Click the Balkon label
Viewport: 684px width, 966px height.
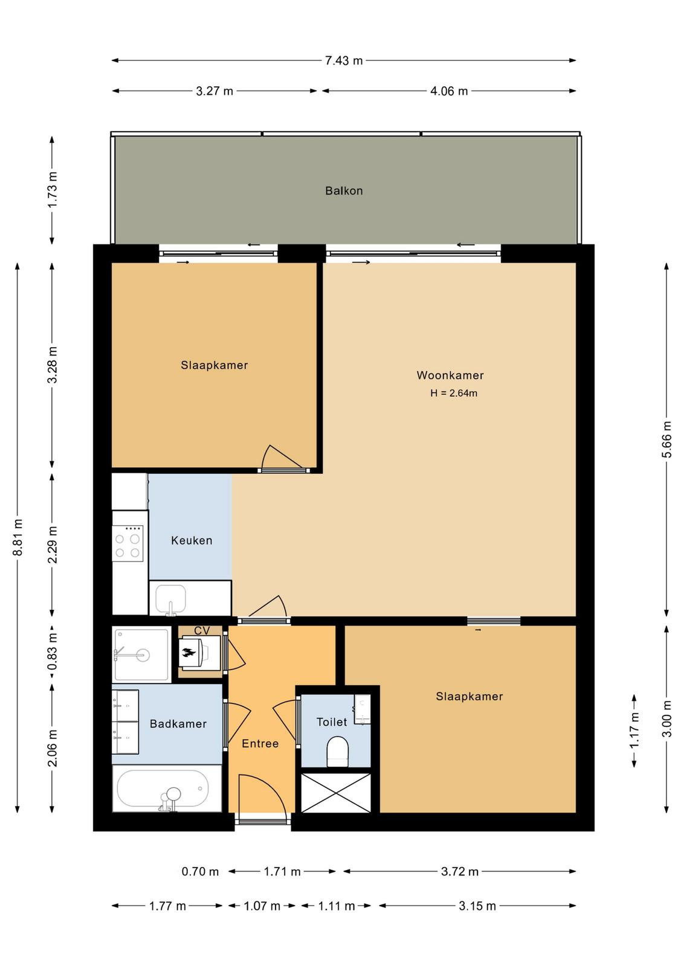pyautogui.click(x=343, y=191)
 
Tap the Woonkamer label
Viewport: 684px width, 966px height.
pyautogui.click(x=450, y=375)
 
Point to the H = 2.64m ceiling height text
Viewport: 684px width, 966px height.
pyautogui.click(x=454, y=393)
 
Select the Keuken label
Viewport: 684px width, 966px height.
pyautogui.click(x=192, y=540)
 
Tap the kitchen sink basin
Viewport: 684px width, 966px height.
pyautogui.click(x=171, y=599)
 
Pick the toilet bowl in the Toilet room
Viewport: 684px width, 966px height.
pyautogui.click(x=338, y=752)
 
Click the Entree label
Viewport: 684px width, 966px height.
pyautogui.click(x=260, y=743)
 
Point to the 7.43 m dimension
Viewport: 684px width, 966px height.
pyautogui.click(x=343, y=60)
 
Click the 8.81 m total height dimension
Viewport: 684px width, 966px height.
pyautogui.click(x=18, y=537)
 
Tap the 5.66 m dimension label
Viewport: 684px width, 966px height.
pyautogui.click(x=666, y=440)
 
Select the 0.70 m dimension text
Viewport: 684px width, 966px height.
pyautogui.click(x=200, y=872)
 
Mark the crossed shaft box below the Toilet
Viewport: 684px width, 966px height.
pyautogui.click(x=336, y=793)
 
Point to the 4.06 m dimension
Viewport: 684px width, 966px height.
pyautogui.click(x=449, y=91)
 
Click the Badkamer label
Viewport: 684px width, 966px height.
pyautogui.click(x=178, y=724)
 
